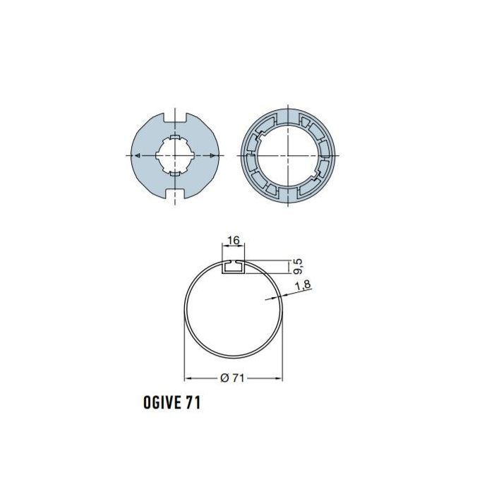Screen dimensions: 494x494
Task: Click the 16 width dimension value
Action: pyautogui.click(x=234, y=241)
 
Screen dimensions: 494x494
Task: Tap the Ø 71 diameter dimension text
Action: pyautogui.click(x=233, y=378)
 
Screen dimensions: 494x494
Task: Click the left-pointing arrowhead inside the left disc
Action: pyautogui.click(x=138, y=155)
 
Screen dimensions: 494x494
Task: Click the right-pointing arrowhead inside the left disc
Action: pyautogui.click(x=212, y=155)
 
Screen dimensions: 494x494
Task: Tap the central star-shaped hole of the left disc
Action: pyautogui.click(x=174, y=154)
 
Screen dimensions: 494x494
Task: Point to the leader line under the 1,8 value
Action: pyautogui.click(x=279, y=296)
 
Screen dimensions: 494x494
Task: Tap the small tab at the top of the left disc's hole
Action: pyautogui.click(x=174, y=134)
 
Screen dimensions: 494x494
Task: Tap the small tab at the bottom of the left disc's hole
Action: pyautogui.click(x=174, y=174)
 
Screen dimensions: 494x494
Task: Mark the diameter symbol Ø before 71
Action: pyautogui.click(x=224, y=378)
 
